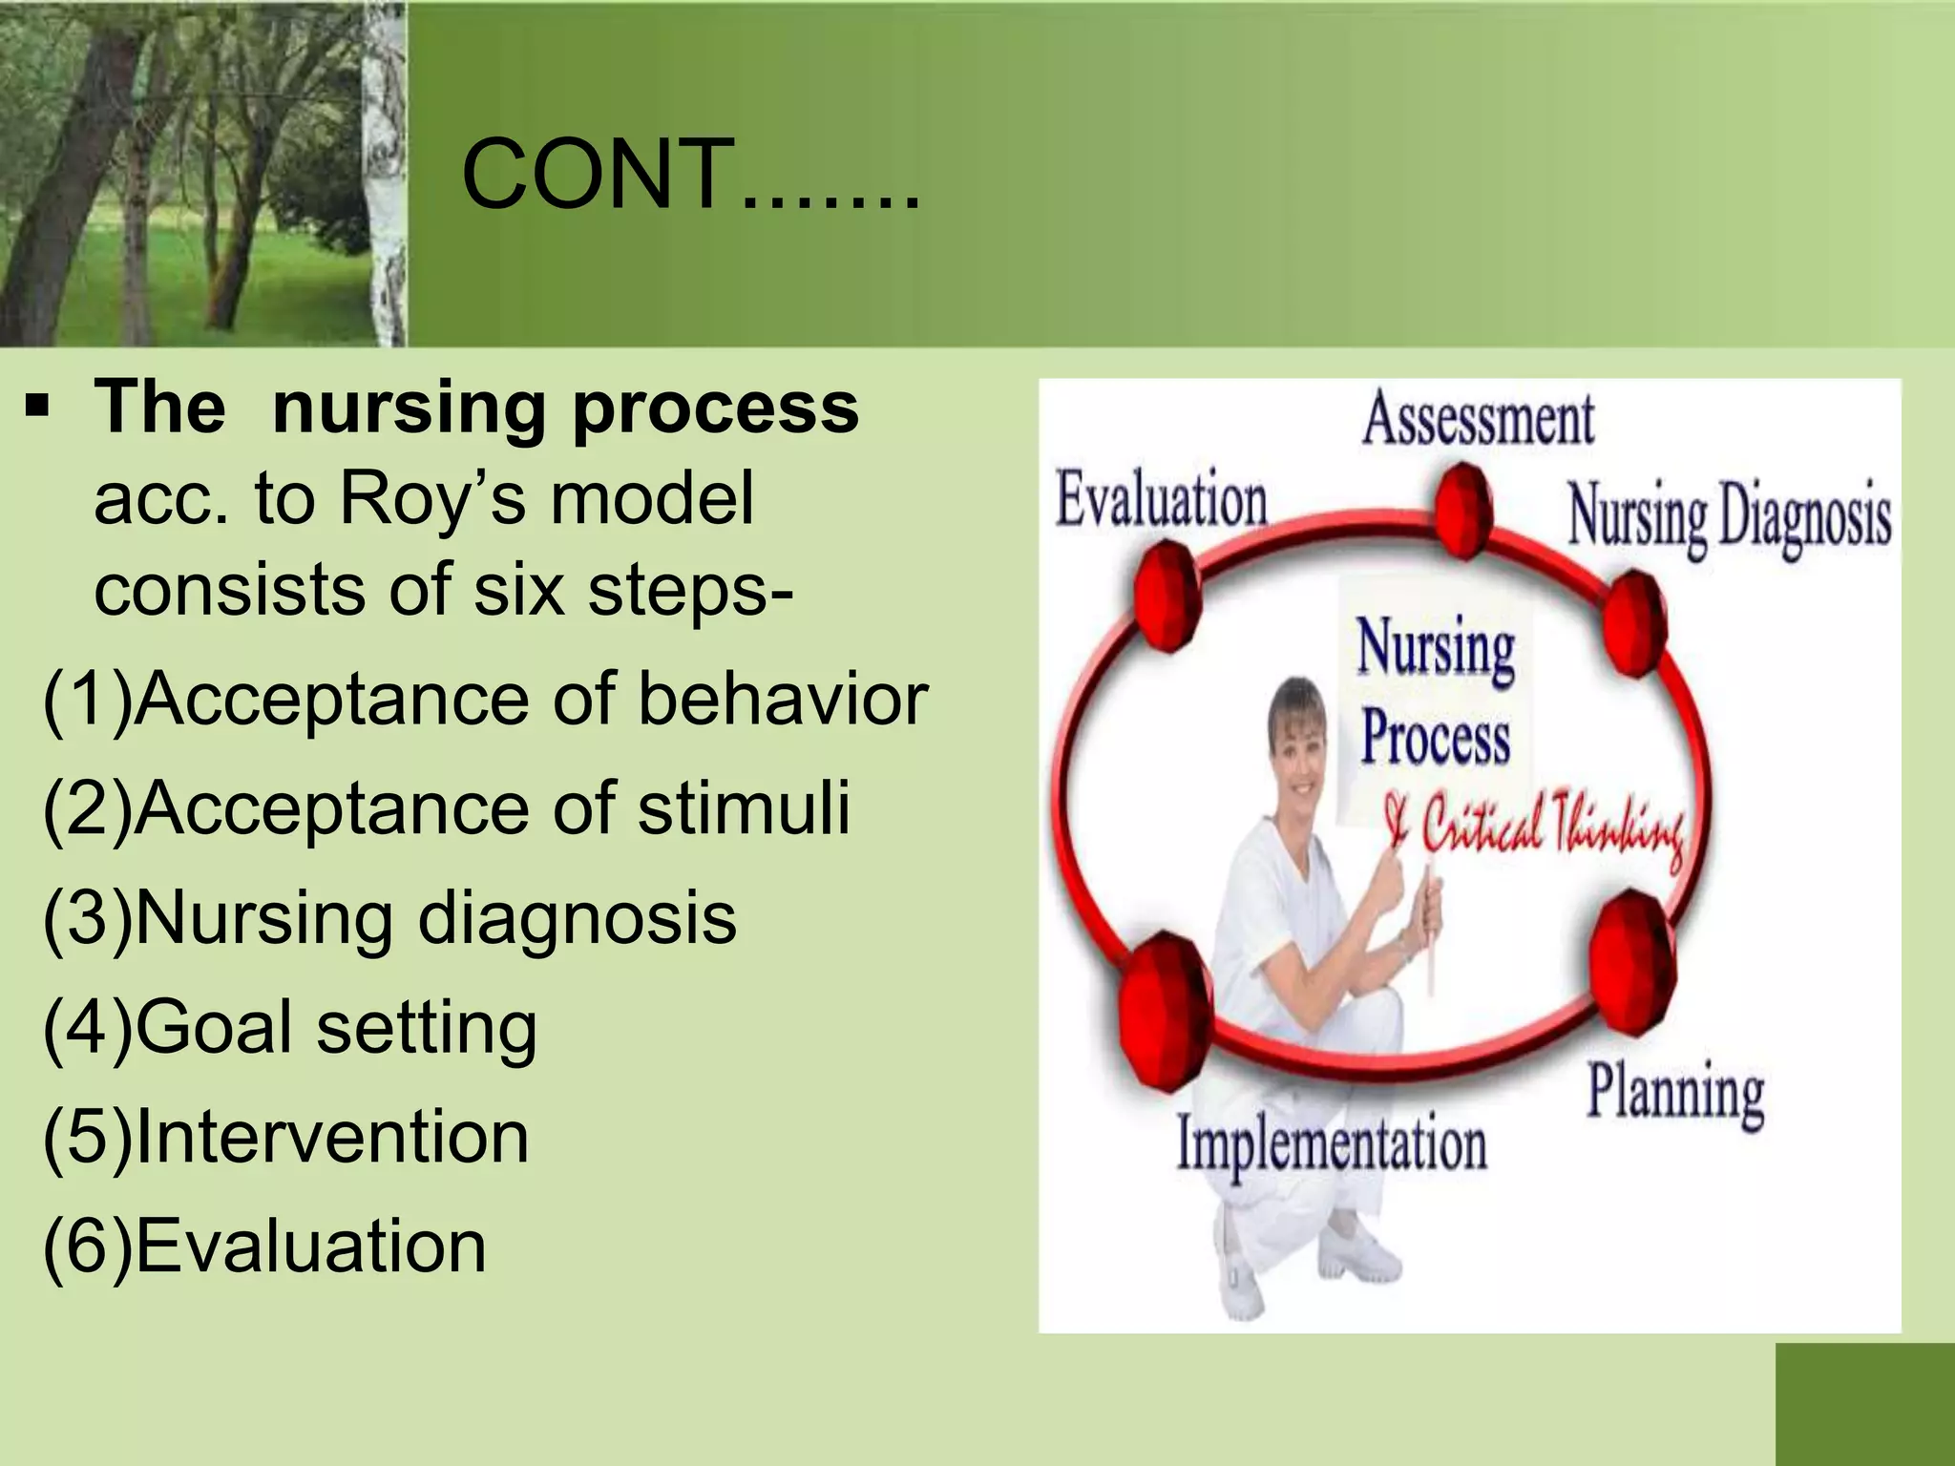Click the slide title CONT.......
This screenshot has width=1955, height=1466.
689,175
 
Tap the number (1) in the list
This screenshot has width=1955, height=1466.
88,700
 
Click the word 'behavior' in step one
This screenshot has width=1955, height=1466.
783,700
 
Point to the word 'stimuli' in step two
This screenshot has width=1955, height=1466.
744,808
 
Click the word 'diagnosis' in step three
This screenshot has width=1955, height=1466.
578,918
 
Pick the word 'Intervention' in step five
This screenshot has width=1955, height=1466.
331,1137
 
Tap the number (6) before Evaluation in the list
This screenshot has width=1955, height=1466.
88,1246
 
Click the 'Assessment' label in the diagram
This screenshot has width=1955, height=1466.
1478,420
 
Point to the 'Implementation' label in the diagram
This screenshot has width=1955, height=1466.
1332,1144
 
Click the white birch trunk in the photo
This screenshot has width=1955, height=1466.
387,172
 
